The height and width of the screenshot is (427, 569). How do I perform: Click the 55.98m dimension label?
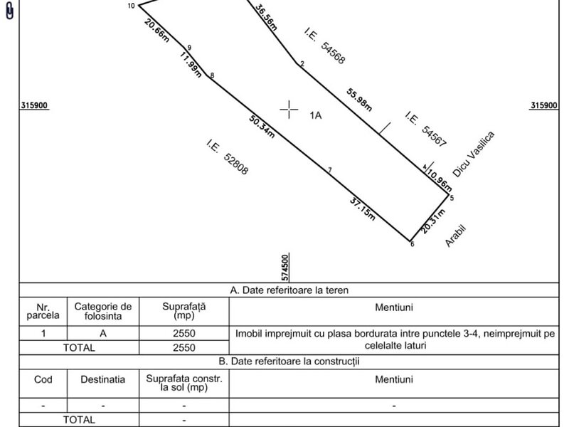(x=359, y=100)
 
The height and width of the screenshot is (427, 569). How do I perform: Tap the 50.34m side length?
(x=262, y=127)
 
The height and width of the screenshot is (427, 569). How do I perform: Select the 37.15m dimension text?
(x=362, y=209)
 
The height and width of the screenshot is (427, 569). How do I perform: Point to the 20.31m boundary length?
(x=433, y=221)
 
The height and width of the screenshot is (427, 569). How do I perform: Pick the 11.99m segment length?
(x=191, y=64)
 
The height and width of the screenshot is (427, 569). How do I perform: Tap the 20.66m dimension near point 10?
(x=156, y=30)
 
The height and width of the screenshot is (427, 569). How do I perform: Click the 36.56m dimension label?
(x=266, y=17)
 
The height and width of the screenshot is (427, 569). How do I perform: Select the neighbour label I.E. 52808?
(x=228, y=157)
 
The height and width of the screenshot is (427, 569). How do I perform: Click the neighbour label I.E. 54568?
(x=324, y=46)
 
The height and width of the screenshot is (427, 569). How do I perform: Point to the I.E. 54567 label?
(x=425, y=130)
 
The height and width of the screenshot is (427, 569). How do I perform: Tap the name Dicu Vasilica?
(x=474, y=154)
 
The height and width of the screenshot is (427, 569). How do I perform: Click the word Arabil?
(x=455, y=236)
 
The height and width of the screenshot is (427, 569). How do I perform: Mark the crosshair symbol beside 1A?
(x=289, y=110)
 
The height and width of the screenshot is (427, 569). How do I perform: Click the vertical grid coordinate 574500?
(x=286, y=268)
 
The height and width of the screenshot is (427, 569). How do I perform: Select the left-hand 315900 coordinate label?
(x=34, y=105)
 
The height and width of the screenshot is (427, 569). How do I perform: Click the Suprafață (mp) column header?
(x=184, y=311)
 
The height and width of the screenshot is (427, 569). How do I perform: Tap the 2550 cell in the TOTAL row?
(x=184, y=347)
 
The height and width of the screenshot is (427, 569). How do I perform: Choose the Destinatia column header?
(x=102, y=379)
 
